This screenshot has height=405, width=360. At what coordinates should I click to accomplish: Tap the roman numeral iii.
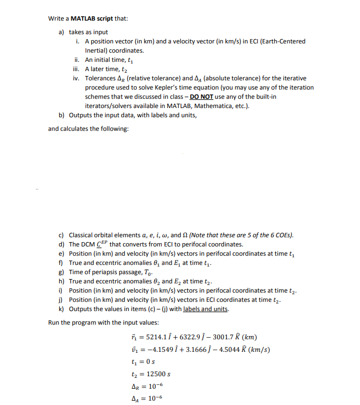click(77, 69)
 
